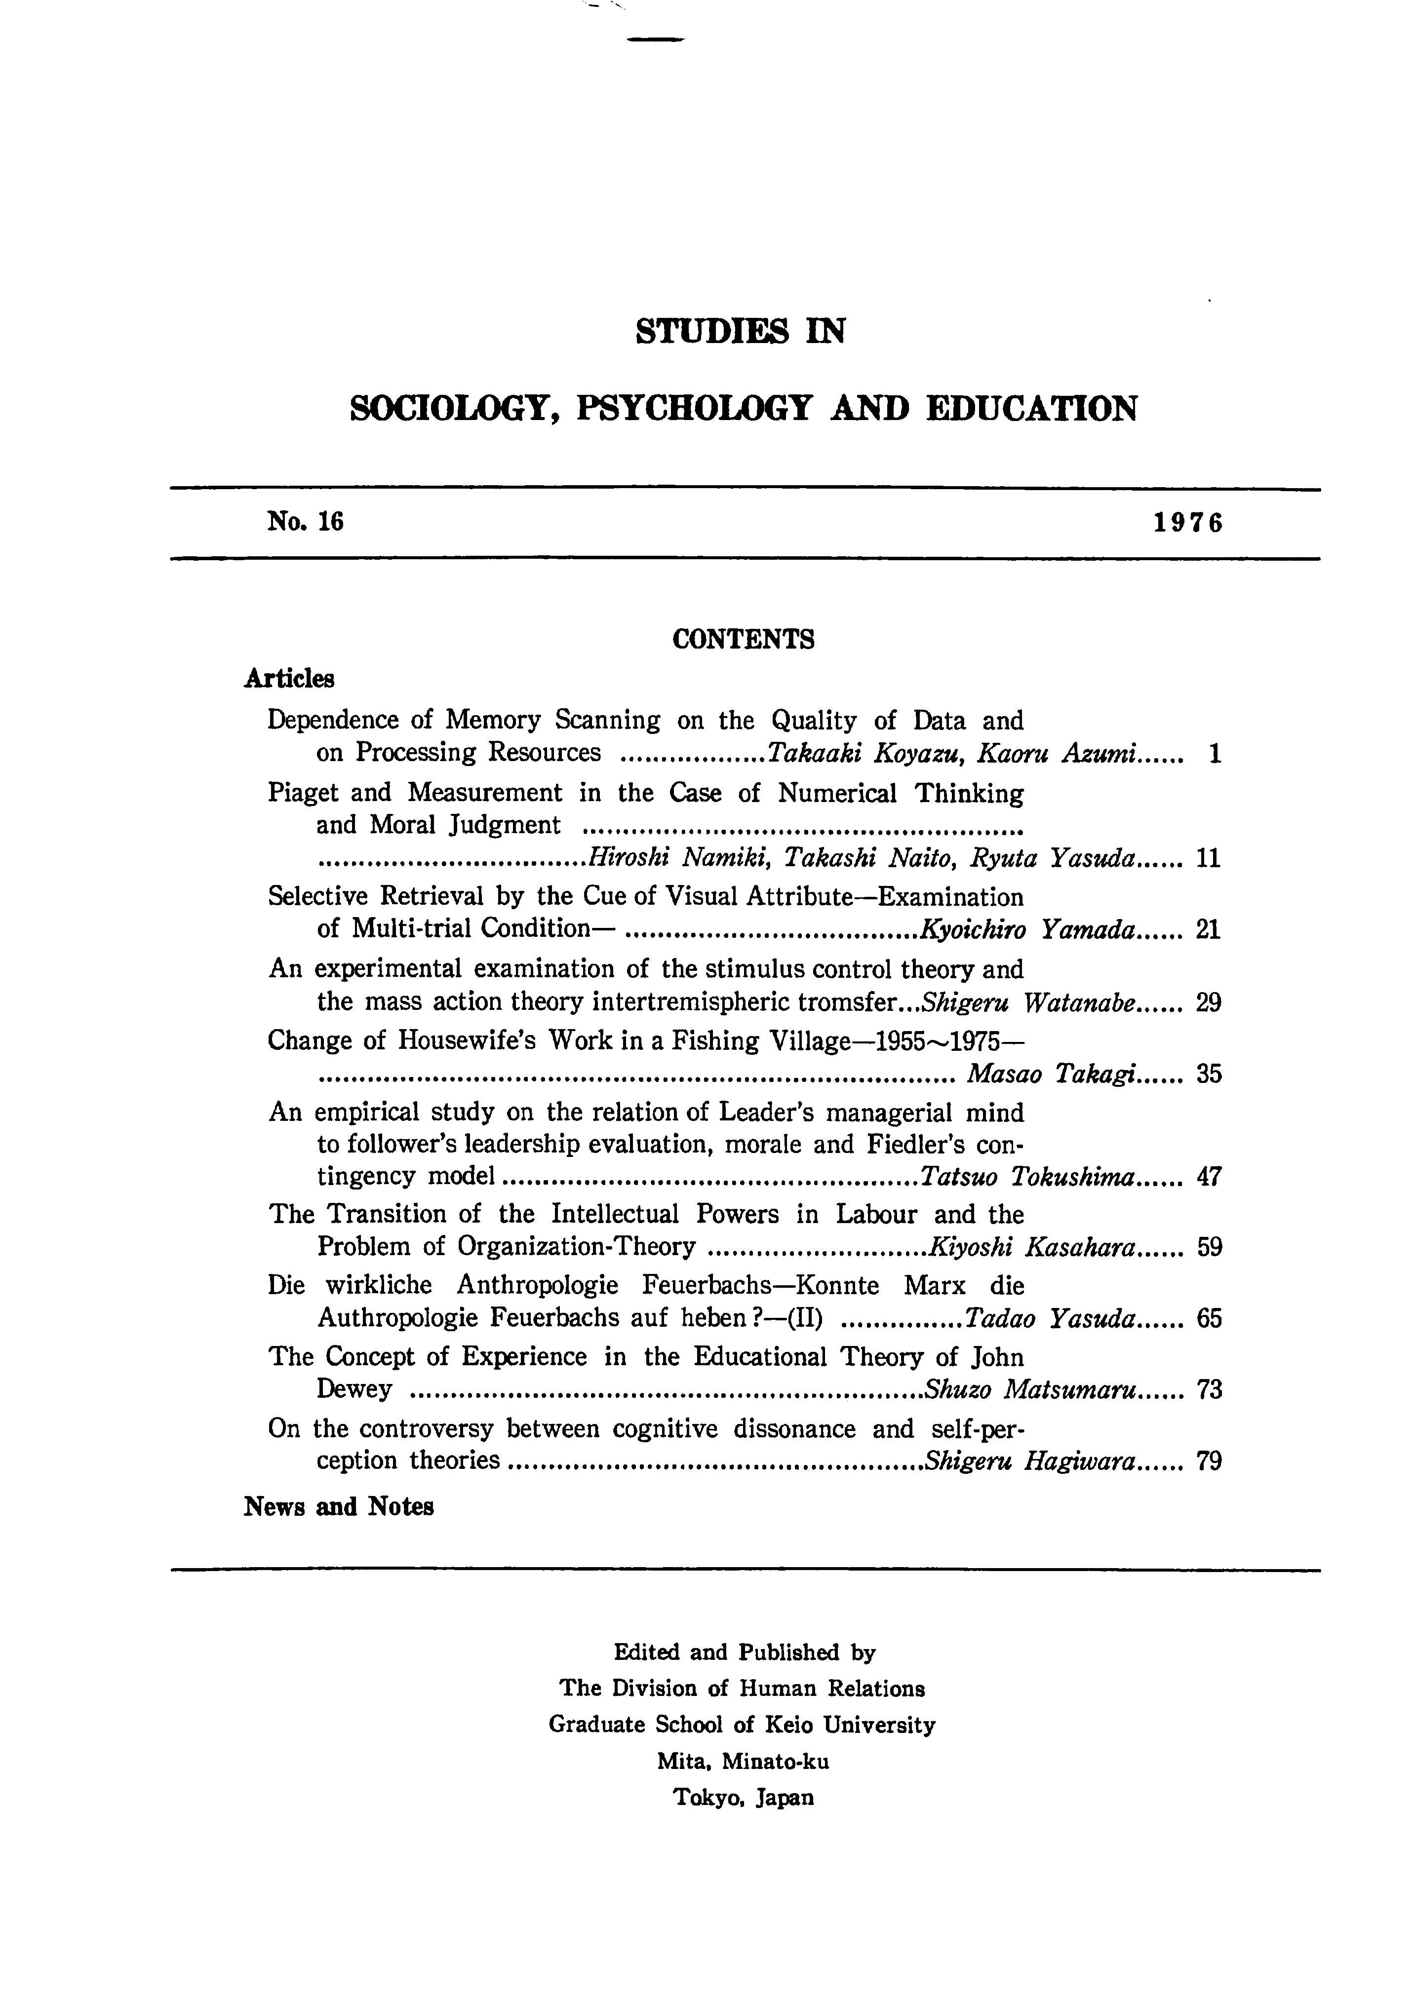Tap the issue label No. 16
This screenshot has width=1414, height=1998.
point(306,521)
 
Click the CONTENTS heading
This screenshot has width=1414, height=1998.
point(744,640)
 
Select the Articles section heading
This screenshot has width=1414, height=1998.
point(289,679)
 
